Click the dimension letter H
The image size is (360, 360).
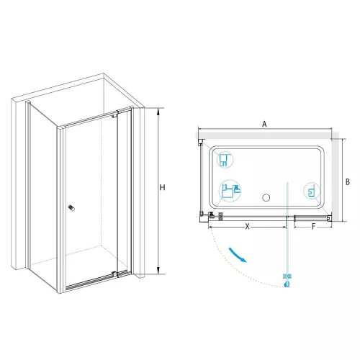(x=162, y=187)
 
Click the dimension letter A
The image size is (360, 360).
(x=264, y=124)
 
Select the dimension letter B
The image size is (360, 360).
(x=348, y=182)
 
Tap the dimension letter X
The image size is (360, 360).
(x=247, y=226)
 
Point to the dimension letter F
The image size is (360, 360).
(x=313, y=226)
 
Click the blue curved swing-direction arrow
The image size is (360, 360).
(x=237, y=255)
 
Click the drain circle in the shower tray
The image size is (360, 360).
(x=266, y=198)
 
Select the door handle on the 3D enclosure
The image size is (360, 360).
(x=71, y=208)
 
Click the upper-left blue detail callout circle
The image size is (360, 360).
(x=225, y=160)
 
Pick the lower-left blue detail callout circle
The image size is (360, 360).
(x=230, y=191)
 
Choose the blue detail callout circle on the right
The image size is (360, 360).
(x=312, y=191)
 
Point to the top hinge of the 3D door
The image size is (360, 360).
(x=114, y=116)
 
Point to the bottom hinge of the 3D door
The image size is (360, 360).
(x=114, y=274)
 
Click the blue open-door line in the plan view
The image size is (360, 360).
(x=287, y=229)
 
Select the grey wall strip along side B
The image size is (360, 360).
(x=336, y=180)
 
